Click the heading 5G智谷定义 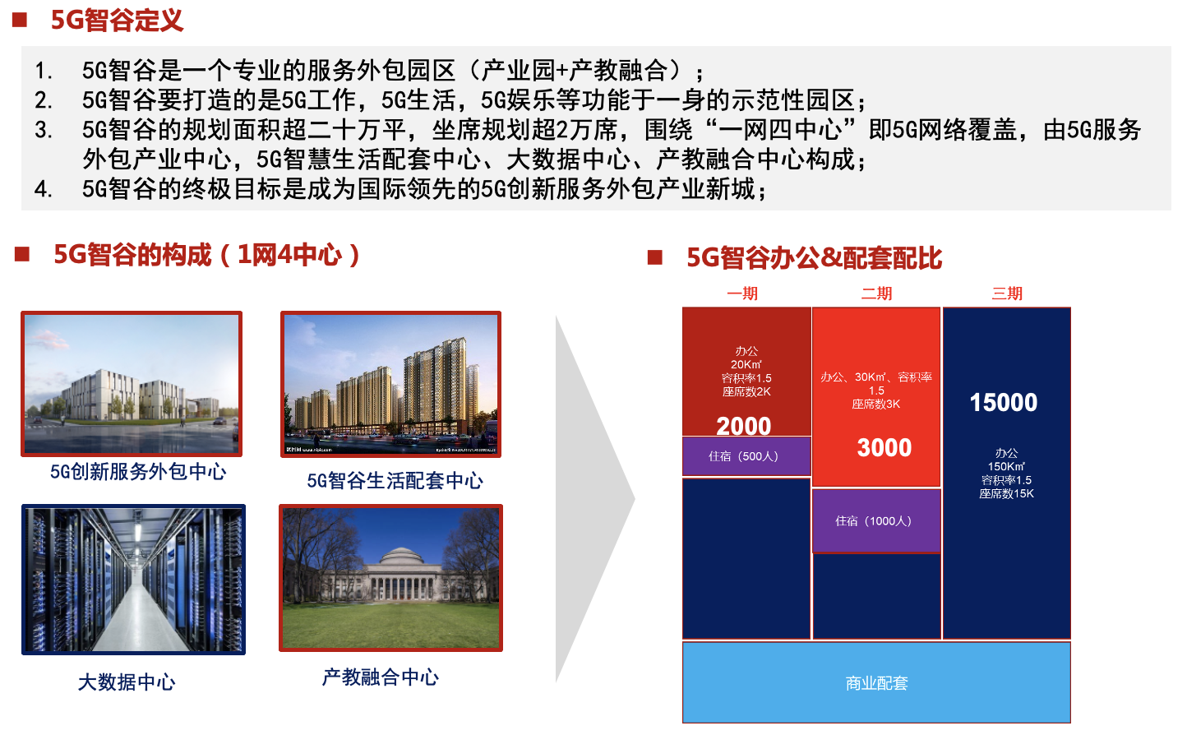(117, 21)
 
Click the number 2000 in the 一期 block (743, 426)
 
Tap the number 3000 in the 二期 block (884, 448)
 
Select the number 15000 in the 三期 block (1003, 402)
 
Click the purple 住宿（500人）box (746, 456)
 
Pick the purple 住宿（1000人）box (876, 521)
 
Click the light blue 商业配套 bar (876, 682)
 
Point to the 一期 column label (741, 293)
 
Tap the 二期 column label (876, 293)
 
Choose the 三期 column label (1007, 293)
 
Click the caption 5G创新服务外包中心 (138, 472)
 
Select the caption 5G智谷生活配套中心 (395, 481)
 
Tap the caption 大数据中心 (126, 682)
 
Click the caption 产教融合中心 (381, 677)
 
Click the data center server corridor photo (133, 580)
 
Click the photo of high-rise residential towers (391, 384)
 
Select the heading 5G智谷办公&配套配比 (814, 258)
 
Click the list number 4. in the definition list (44, 189)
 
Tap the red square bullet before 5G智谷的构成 (21, 254)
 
